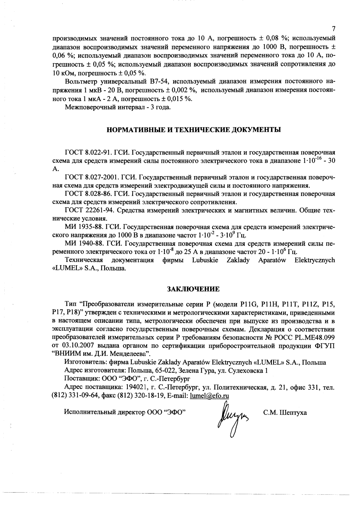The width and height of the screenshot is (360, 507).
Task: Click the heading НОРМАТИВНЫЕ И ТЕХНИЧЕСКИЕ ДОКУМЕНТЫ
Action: pyautogui.click(x=194, y=130)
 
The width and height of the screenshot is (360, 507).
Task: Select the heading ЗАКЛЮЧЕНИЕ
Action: pyautogui.click(x=193, y=289)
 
